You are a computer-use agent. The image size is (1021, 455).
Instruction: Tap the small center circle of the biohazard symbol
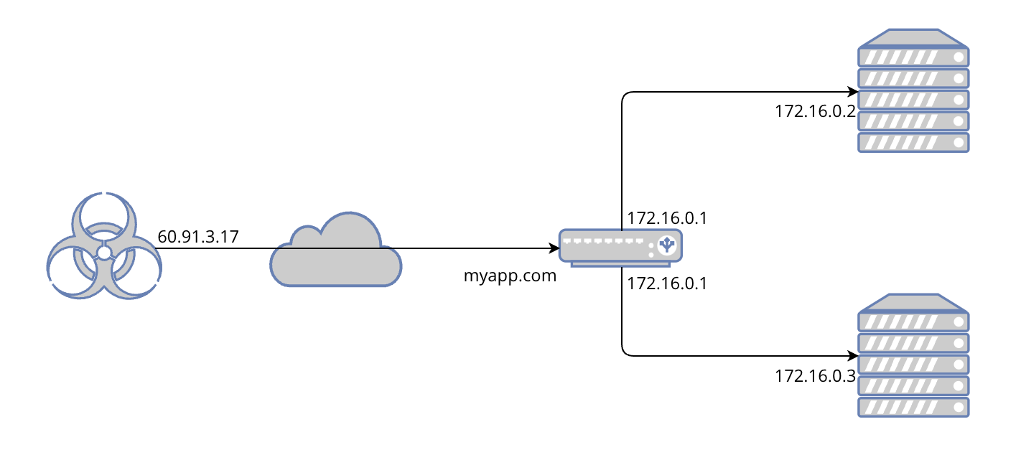(x=104, y=253)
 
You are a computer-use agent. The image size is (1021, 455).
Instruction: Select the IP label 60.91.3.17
(x=198, y=237)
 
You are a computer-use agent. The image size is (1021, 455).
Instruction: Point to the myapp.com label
(x=510, y=276)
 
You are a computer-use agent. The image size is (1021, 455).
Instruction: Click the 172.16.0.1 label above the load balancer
(x=667, y=218)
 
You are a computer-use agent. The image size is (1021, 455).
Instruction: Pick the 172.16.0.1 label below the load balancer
(x=667, y=283)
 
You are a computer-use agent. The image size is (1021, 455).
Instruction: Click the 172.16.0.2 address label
(x=815, y=111)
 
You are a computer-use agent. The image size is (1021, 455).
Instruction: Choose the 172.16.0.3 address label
(x=815, y=376)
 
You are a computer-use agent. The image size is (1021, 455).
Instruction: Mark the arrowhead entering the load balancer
(x=554, y=249)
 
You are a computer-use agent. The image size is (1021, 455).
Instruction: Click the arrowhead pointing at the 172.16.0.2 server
(x=854, y=92)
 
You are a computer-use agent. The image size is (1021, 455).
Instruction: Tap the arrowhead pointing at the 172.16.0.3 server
(x=854, y=355)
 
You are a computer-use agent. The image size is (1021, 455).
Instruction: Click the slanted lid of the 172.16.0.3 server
(x=913, y=302)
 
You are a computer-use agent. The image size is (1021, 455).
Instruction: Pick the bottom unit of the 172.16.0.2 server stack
(x=913, y=142)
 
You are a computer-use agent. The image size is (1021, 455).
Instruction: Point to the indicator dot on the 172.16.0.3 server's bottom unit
(x=959, y=408)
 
